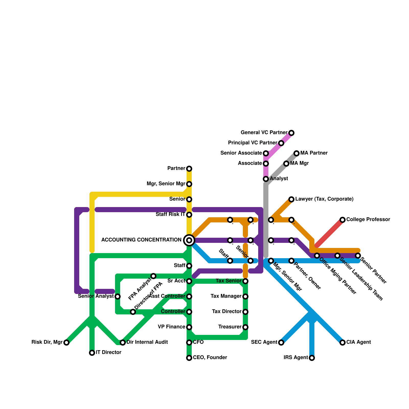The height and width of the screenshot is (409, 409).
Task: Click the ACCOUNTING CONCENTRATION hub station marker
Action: [x=189, y=240]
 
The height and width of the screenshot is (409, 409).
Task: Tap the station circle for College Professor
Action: [x=343, y=220]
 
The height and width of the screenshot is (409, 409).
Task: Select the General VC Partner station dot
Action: [x=291, y=133]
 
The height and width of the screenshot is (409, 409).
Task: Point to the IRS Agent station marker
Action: [x=312, y=358]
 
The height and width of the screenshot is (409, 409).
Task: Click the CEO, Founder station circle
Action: [x=189, y=358]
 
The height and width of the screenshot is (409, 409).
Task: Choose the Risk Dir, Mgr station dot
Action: [x=66, y=343]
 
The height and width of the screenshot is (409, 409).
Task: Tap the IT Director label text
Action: [x=108, y=353]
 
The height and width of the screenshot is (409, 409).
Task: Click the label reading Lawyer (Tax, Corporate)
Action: [x=324, y=199]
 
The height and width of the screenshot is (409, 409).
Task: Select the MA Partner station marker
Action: [x=297, y=153]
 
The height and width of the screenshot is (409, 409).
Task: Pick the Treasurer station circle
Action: [x=245, y=327]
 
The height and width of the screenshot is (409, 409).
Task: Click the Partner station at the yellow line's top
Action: [x=189, y=169]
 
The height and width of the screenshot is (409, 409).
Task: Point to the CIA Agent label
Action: [x=358, y=342]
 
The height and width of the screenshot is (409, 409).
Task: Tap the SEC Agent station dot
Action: [x=281, y=343]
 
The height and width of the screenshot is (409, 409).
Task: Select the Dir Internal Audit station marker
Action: [x=123, y=343]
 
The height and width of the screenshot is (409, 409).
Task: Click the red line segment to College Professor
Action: [x=330, y=233]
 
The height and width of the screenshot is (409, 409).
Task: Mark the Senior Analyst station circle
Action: [x=118, y=297]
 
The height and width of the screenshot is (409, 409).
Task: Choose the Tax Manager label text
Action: [x=226, y=296]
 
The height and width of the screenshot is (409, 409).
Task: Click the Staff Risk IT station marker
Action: [x=189, y=215]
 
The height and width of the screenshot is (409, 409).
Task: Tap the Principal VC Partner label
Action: [x=253, y=143]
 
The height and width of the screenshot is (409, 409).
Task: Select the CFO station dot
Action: [x=189, y=343]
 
